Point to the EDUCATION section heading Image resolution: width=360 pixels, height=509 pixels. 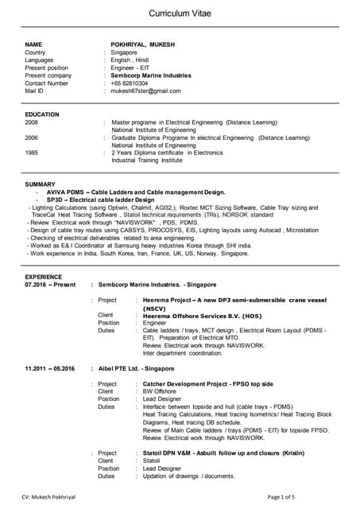coord(42,115)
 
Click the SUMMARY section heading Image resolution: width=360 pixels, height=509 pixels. coord(41,185)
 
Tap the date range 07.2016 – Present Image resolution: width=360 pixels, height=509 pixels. coord(51,284)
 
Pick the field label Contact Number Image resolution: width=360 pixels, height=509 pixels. coord(47,83)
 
